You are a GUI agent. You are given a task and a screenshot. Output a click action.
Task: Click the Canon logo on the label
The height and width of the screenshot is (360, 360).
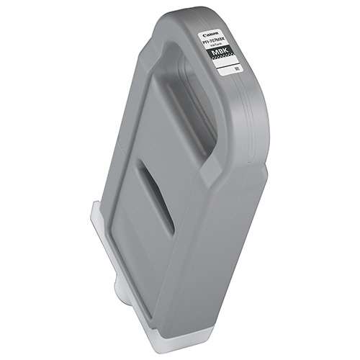tap(229, 33)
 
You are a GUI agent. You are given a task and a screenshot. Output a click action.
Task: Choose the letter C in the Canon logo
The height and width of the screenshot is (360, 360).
tap(223, 33)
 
